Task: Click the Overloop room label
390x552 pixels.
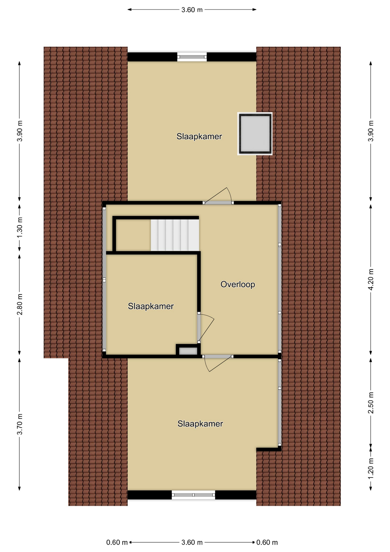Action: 238,284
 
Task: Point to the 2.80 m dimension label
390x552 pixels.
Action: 19,304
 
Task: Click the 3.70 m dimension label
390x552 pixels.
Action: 19,424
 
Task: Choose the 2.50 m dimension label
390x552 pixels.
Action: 371,402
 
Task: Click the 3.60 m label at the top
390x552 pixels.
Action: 192,10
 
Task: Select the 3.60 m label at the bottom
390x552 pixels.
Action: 192,542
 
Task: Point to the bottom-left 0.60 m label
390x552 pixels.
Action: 117,542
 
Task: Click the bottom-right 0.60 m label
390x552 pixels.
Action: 267,542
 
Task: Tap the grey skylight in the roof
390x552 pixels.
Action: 255,134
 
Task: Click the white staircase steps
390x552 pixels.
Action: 175,235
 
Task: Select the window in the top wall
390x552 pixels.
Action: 192,57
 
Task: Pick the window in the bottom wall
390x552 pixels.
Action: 193,495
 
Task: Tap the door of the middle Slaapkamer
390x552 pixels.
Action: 206,328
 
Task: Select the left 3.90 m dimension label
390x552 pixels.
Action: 19,131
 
